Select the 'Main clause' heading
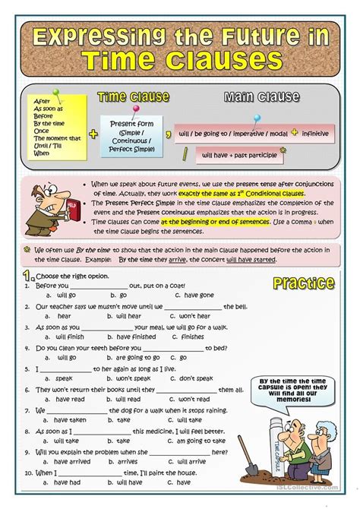coord(263,97)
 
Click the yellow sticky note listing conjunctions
coord(57,125)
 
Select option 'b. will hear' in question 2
coord(123,315)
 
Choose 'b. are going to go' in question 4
coord(136,357)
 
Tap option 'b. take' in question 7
coord(119,419)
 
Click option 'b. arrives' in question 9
coord(124,460)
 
